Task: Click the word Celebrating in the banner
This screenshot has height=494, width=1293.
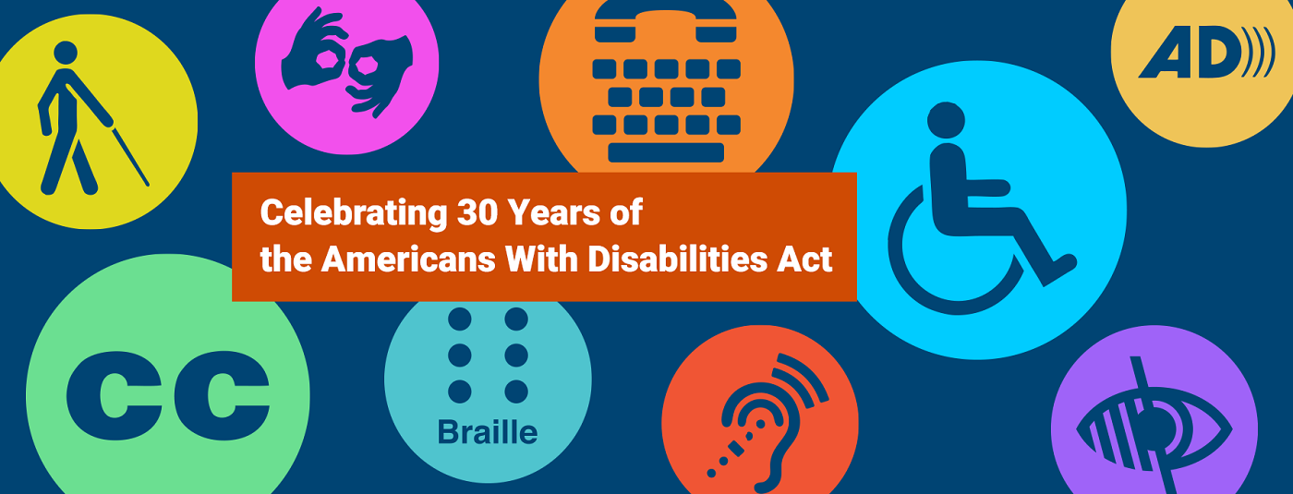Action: click(x=354, y=214)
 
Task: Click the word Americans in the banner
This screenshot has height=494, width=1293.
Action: click(x=408, y=259)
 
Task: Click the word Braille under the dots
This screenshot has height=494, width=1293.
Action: click(x=488, y=432)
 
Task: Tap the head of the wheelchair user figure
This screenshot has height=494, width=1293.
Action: click(x=946, y=121)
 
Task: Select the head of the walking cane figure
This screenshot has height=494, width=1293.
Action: click(x=66, y=53)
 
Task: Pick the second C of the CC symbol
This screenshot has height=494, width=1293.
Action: click(x=223, y=395)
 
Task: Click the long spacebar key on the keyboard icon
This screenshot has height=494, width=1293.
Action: click(x=666, y=152)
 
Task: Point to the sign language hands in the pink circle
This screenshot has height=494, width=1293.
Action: click(x=347, y=63)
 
